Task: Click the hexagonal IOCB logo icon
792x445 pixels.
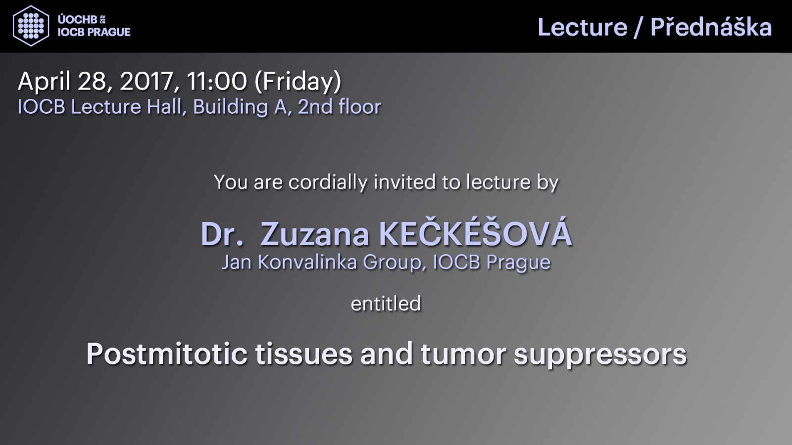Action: tap(31, 26)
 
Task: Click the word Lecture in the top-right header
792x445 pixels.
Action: tap(582, 27)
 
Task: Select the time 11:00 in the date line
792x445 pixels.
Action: tap(216, 81)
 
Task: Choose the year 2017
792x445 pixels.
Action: tap(146, 82)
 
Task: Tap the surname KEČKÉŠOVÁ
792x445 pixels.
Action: tap(476, 232)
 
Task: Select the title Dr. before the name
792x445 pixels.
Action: tap(222, 234)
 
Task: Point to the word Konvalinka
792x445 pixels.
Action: tap(307, 262)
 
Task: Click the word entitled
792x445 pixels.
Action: tap(386, 304)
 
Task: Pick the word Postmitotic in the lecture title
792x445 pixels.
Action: tap(166, 355)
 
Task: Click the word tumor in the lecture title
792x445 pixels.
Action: tap(463, 355)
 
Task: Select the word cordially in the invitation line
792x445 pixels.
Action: tap(328, 182)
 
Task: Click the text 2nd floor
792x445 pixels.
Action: tap(339, 107)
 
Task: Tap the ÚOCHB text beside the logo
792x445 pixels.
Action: tap(77, 20)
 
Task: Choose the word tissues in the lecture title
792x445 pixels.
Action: tap(304, 355)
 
